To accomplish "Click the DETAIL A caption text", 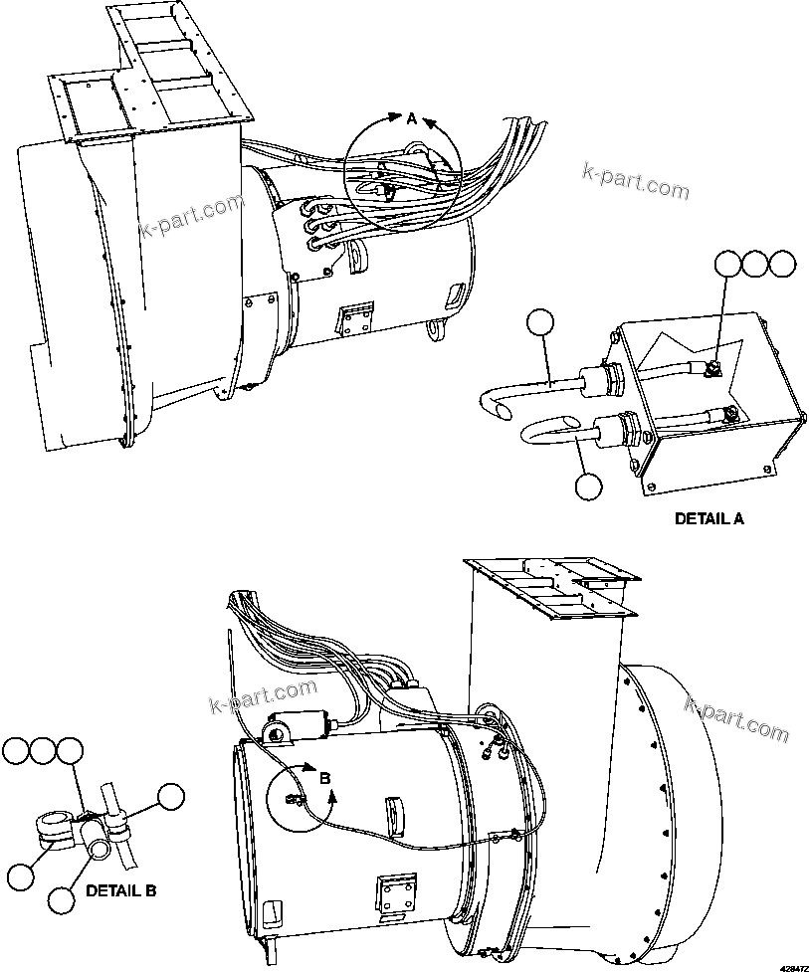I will pos(708,518).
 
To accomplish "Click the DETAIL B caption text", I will pos(120,890).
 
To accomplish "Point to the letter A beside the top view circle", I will pos(411,118).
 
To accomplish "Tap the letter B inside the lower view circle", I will pos(323,778).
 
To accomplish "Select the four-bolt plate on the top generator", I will pos(356,315).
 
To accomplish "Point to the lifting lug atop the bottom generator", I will pos(278,734).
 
